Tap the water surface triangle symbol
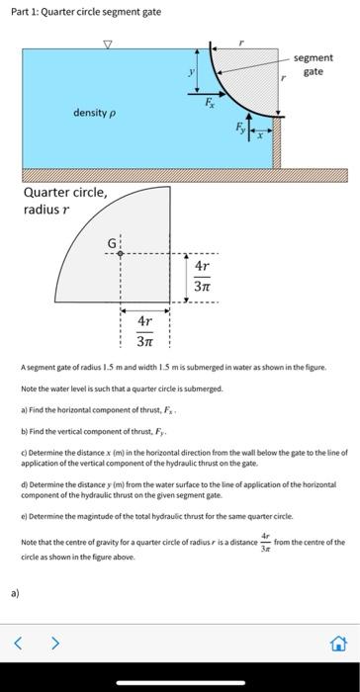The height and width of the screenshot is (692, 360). pyautogui.click(x=108, y=44)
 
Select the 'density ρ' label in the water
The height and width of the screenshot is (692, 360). pyautogui.click(x=95, y=113)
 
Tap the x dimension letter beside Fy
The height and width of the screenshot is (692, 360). pyautogui.click(x=260, y=136)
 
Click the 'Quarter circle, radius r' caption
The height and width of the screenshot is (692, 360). pyautogui.click(x=65, y=200)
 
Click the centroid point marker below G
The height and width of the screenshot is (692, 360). pyautogui.click(x=121, y=253)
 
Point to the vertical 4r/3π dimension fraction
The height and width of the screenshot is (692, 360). pyautogui.click(x=202, y=277)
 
